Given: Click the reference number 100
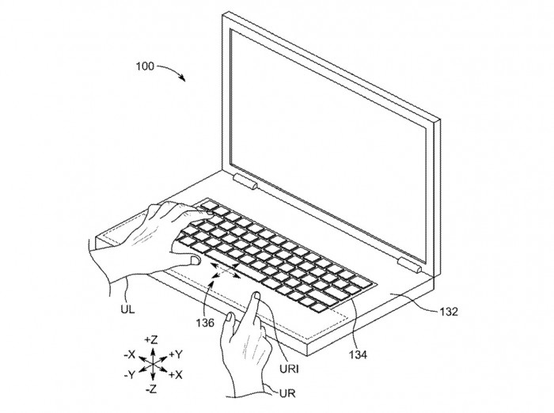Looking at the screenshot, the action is tap(145, 66).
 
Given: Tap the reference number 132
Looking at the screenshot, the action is tap(449, 312).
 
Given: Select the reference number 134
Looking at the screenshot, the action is tap(358, 354).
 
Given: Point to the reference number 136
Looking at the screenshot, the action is tap(205, 323).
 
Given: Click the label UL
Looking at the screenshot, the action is tap(127, 310).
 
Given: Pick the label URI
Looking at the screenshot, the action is tap(289, 369).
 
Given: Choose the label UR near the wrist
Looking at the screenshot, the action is tap(286, 393).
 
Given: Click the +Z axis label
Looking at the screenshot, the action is tap(151, 340).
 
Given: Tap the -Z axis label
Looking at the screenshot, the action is tap(151, 389).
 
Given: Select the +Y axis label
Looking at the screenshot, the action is tap(176, 354).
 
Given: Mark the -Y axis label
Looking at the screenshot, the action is tap(129, 374).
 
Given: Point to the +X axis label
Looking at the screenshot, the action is tap(175, 375).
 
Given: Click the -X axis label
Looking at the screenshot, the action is tap(130, 354).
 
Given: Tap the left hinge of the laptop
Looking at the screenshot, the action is tap(245, 182).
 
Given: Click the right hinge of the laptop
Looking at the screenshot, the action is tap(409, 265).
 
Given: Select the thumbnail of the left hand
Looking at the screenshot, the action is tap(195, 261).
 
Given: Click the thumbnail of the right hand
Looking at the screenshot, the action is tap(230, 317).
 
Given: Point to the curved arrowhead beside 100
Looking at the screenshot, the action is tap(182, 78).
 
